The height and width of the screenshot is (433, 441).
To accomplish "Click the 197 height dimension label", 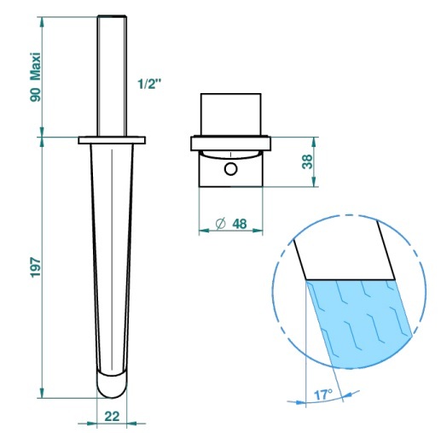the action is coord(36,267).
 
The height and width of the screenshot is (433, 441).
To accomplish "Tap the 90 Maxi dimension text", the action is coord(36,77).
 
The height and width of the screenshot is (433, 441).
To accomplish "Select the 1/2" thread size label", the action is coord(149,84).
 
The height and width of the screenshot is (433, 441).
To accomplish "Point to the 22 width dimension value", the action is coord(112,416).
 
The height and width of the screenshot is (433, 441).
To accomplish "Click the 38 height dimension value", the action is coord(307,161).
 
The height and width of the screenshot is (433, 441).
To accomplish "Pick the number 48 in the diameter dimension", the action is coord(240,224).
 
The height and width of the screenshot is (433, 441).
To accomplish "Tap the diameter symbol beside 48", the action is coord(221,224).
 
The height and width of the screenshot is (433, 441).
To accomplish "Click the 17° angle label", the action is coord(322,395).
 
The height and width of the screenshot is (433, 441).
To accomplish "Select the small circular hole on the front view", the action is coord(230,169).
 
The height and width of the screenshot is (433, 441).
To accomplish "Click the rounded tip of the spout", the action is coord(112,384).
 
